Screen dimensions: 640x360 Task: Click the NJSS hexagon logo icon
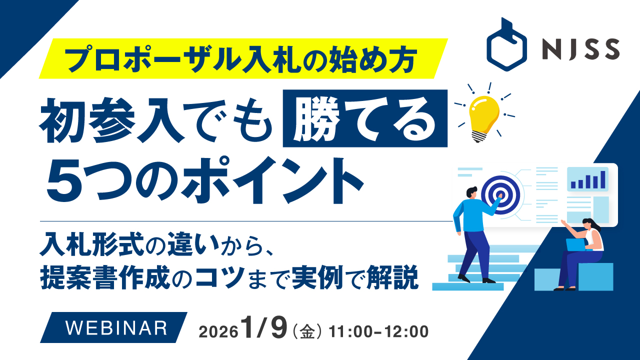click(x=506, y=45)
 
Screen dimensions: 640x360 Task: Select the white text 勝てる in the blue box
click(x=364, y=119)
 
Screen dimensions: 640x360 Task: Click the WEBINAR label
click(x=116, y=328)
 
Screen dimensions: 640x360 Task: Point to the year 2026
click(x=218, y=332)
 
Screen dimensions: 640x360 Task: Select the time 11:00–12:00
click(x=378, y=331)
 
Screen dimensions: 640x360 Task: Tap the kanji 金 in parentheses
click(x=307, y=332)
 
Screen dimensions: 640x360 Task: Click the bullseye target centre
click(x=500, y=195)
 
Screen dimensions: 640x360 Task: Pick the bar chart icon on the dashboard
click(x=588, y=179)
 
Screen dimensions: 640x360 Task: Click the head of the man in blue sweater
click(x=471, y=192)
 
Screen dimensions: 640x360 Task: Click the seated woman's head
click(x=589, y=224)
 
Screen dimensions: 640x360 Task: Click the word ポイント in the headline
click(x=273, y=180)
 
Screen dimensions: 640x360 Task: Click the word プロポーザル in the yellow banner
click(x=152, y=59)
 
